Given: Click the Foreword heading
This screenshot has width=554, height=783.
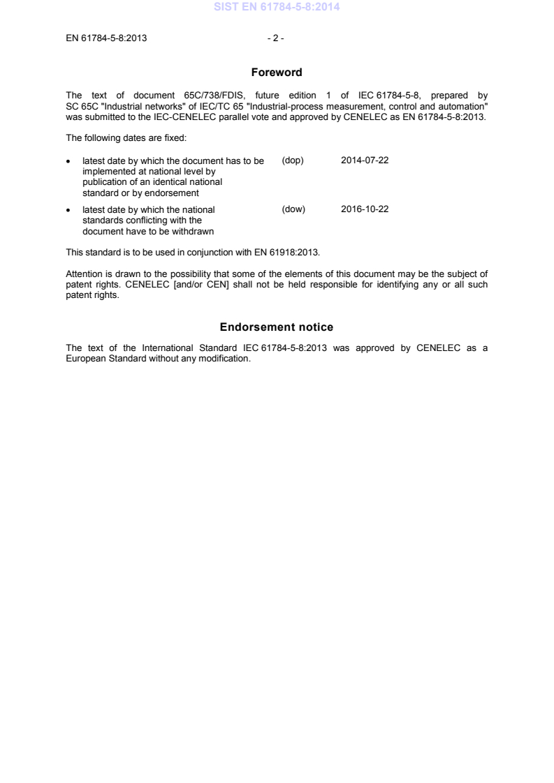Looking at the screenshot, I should pos(277,72).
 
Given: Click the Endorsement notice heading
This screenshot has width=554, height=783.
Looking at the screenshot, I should pos(277,327).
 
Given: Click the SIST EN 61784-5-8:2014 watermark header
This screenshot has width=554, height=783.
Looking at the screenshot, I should pos(277,8).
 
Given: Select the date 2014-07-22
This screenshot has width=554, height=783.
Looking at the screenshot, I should pos(365,161).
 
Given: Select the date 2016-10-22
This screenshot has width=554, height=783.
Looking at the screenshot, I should pos(365,209).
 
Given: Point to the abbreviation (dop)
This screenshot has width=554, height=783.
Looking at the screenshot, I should pos(293,161).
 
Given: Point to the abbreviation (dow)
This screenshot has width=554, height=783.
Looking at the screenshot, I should pos(293,209).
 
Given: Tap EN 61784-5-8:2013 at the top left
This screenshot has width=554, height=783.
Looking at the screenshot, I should pos(106,38).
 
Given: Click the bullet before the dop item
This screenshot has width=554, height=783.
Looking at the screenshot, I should pos(68,161).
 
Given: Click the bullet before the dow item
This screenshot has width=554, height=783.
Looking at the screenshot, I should pos(68,210).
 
